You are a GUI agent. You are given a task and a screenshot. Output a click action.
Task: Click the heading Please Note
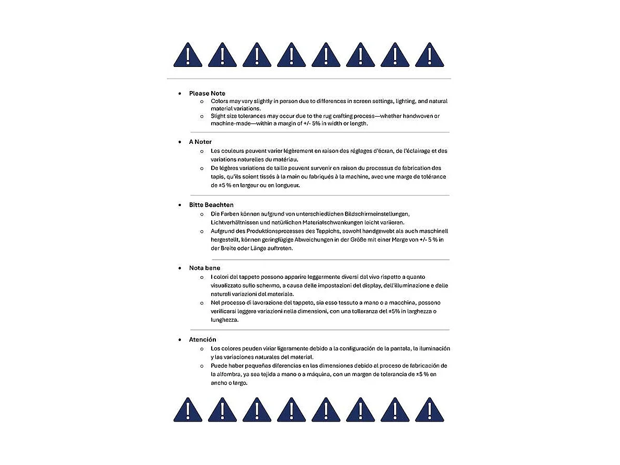click(207, 94)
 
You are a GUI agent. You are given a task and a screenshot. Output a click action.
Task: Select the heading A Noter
click(200, 142)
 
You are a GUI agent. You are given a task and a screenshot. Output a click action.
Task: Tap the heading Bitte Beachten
click(211, 205)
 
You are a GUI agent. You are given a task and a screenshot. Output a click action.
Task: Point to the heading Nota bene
click(204, 268)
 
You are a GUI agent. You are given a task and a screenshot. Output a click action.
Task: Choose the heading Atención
click(202, 339)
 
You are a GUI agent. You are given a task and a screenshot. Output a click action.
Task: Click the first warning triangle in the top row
click(188, 55)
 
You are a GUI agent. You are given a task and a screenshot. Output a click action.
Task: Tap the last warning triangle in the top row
click(429, 55)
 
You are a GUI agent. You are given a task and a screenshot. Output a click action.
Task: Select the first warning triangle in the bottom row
click(188, 410)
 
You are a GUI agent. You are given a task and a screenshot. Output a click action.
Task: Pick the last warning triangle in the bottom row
click(429, 410)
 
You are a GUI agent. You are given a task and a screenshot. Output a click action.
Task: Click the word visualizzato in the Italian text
click(228, 286)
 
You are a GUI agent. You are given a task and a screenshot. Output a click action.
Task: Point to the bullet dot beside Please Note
click(179, 94)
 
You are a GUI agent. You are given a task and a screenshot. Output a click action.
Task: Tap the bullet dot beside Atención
click(179, 339)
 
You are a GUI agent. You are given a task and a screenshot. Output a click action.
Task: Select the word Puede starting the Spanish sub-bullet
click(220, 366)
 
